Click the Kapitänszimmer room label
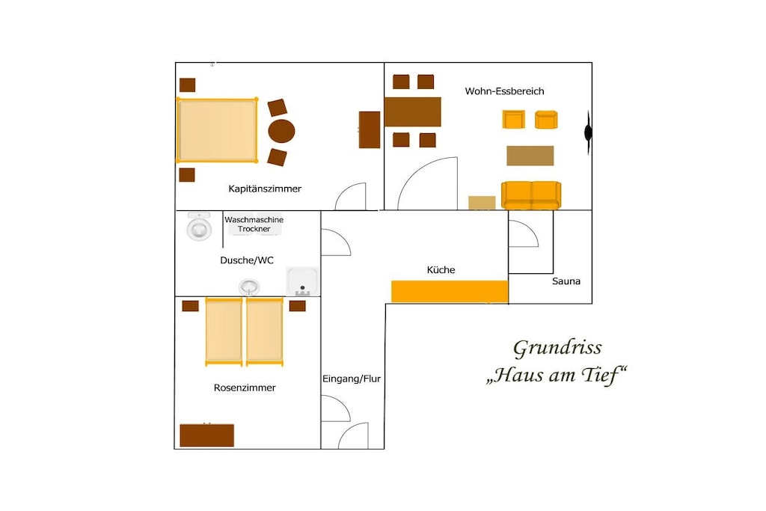pos(265,189)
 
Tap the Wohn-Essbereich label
pos(504,91)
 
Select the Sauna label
pos(566,281)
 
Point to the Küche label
pos(441,269)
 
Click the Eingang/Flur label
pos(352,379)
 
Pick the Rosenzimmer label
pos(245,388)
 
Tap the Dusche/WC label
pos(247,260)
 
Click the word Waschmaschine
pos(254,220)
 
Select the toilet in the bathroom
pos(199,226)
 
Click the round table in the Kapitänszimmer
pos(281,131)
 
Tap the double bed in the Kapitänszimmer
pos(217,130)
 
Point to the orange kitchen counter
pos(450,292)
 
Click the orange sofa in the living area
pos(531,195)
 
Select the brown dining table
pos(413,112)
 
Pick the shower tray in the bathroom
pos(302,281)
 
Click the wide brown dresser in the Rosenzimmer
pos(207,435)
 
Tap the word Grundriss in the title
pos(557,349)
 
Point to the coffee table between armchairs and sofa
pos(530,156)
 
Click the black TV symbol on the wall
pos(588,132)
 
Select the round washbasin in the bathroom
pos(249,287)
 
